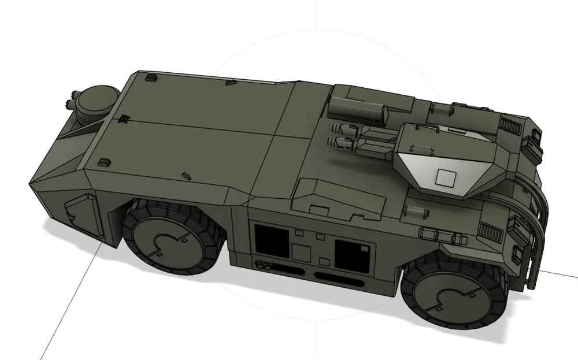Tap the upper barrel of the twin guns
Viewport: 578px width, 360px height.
click(x=344, y=130)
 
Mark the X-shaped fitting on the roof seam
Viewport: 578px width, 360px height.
click(x=123, y=119)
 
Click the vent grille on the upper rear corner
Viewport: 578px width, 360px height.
click(x=509, y=125)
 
